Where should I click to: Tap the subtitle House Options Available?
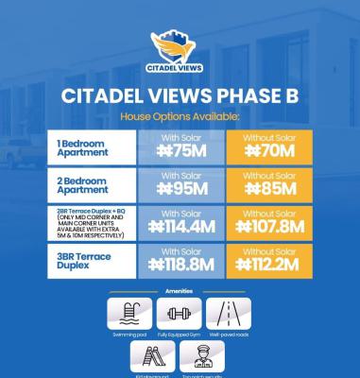[x=180, y=116]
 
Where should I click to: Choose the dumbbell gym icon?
[x=180, y=311]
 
